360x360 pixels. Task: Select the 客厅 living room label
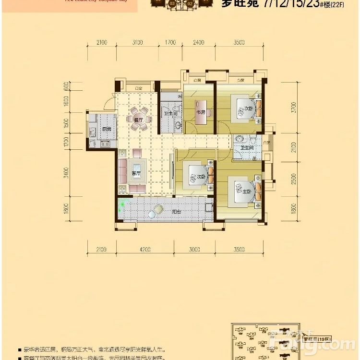pos(137,173)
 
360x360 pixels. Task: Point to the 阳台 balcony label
pos(177,211)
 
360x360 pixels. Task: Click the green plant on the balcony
pos(123,205)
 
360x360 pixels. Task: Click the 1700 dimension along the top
pos(169,43)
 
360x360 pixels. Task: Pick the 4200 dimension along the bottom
pos(145,249)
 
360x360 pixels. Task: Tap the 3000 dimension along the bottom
pos(194,249)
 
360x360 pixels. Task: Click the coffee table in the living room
pos(137,173)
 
